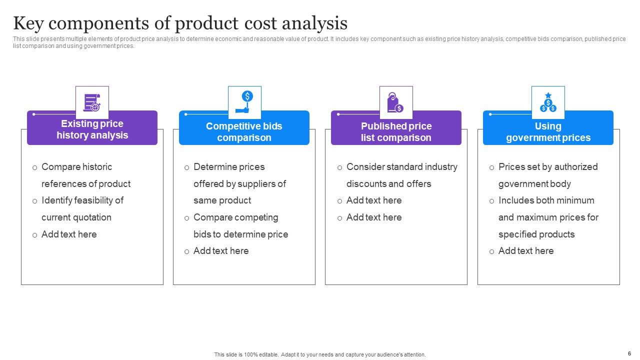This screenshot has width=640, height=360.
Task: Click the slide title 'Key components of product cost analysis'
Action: pyautogui.click(x=180, y=23)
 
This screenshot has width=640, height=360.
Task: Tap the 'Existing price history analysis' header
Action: pyautogui.click(x=92, y=129)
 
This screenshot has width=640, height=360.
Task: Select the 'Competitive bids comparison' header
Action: pyautogui.click(x=244, y=132)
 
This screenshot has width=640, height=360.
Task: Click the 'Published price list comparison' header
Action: pyautogui.click(x=396, y=132)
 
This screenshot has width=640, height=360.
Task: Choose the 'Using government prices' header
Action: pyautogui.click(x=548, y=132)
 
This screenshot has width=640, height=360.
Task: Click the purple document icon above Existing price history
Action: pyautogui.click(x=92, y=102)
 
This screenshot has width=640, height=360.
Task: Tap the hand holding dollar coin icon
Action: pyautogui.click(x=244, y=102)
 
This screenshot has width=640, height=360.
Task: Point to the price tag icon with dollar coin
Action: pyautogui.click(x=396, y=102)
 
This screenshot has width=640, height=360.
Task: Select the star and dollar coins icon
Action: pyautogui.click(x=548, y=102)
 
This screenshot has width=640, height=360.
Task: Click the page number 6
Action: pyautogui.click(x=629, y=353)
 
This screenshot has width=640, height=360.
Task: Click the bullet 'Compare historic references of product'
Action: pyautogui.click(x=85, y=175)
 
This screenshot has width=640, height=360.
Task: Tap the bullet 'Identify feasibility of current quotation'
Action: pyautogui.click(x=82, y=208)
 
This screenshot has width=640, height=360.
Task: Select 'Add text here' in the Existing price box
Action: pyautogui.click(x=69, y=234)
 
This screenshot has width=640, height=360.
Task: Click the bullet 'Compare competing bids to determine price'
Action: pyautogui.click(x=240, y=226)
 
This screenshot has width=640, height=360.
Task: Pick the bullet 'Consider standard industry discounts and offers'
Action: pyautogui.click(x=401, y=175)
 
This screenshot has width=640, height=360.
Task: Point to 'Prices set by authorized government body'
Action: pyautogui.click(x=547, y=175)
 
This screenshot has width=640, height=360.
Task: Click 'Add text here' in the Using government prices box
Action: pyautogui.click(x=526, y=251)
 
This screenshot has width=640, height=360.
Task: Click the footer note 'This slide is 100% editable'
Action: pyautogui.click(x=320, y=354)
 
